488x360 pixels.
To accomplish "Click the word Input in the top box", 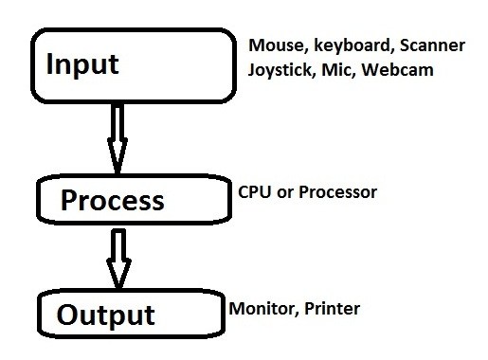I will click(x=84, y=64).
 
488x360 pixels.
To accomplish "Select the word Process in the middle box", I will click(x=112, y=201).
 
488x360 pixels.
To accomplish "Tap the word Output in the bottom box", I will click(x=105, y=314).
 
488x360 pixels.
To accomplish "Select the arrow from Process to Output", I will click(x=117, y=256).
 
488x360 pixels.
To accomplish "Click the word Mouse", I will click(x=273, y=45).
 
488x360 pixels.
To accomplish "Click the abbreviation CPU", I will click(x=254, y=192).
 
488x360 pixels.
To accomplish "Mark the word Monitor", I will click(x=260, y=309).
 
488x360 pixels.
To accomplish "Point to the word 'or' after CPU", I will click(x=283, y=193).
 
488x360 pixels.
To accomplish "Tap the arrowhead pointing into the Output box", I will click(x=117, y=275).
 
